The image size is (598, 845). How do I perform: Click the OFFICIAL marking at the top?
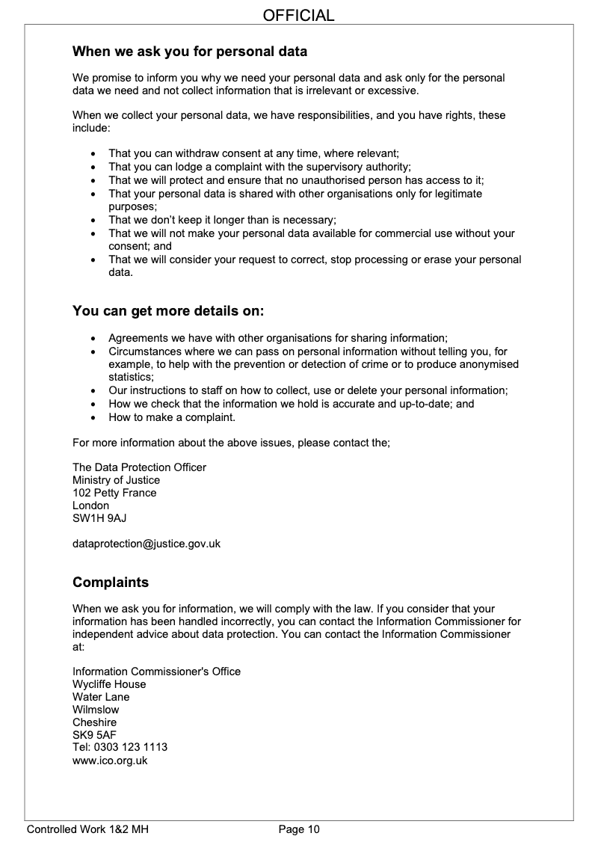pos(299,15)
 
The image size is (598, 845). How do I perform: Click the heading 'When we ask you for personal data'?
pos(189,52)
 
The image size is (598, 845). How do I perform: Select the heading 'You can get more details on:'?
pos(168,310)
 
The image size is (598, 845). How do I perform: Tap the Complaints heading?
pos(111,582)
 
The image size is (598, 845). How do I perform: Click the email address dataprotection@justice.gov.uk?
pos(147,544)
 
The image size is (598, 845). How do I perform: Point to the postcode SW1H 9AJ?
pos(94,518)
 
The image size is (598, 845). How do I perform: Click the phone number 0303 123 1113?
pos(130,748)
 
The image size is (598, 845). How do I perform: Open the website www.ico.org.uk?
pos(110,760)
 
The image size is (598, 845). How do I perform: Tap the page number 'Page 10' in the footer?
pos(299,829)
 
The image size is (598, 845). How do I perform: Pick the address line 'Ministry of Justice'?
pos(116,480)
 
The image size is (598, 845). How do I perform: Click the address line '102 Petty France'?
pos(114,493)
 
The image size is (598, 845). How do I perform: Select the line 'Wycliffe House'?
pos(109,684)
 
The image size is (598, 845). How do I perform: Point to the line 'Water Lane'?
pos(101,697)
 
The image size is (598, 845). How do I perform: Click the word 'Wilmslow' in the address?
pos(96,710)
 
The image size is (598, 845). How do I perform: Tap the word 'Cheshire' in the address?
pos(94,722)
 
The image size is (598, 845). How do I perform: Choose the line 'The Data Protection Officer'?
pos(139,467)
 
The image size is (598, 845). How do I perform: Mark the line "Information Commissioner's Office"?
pos(156,672)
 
